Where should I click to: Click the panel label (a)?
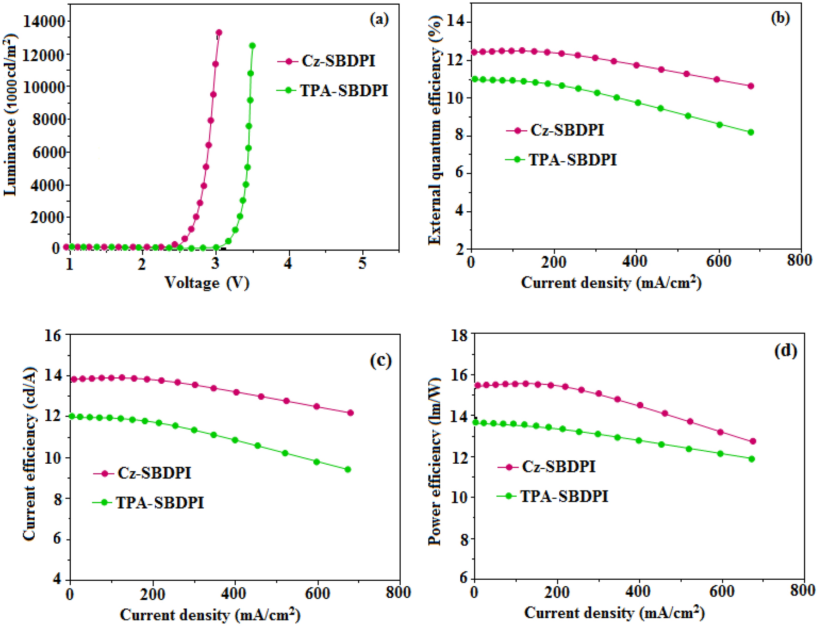click(x=379, y=19)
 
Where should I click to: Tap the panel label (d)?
click(x=785, y=351)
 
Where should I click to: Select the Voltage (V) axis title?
click(x=207, y=282)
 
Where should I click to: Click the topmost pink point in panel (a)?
click(x=219, y=32)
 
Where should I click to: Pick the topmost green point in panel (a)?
click(x=252, y=45)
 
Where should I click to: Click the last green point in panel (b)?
click(x=751, y=132)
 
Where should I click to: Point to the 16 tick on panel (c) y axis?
click(x=52, y=335)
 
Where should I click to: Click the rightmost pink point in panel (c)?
click(x=350, y=413)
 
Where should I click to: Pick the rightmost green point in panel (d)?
click(x=751, y=459)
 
